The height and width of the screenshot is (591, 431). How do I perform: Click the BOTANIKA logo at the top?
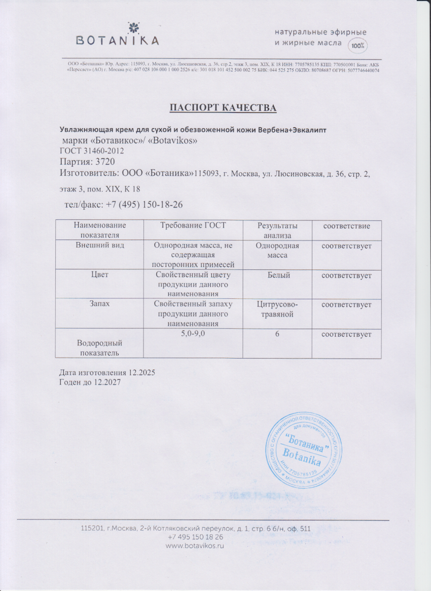coord(117,36)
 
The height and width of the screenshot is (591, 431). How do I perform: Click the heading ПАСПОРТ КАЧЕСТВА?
coord(223,107)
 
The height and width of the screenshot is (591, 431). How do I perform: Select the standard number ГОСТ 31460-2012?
coord(92,151)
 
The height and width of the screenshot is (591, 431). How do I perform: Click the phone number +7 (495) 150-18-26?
coord(144,205)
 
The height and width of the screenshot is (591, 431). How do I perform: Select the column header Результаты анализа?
coord(277,230)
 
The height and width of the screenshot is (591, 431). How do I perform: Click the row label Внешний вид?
coord(100,246)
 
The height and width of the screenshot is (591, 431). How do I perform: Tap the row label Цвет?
coord(100,275)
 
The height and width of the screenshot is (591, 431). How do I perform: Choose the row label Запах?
coord(100,304)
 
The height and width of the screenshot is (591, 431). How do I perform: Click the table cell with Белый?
coord(277,275)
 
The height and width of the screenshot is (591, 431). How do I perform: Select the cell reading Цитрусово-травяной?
coord(277,309)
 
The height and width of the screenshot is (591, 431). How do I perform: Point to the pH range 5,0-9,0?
coord(193,334)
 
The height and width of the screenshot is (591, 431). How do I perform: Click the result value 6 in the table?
coord(277,334)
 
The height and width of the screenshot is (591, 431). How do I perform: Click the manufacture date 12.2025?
coord(142,372)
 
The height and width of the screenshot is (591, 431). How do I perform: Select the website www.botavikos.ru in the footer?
coord(195,546)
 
